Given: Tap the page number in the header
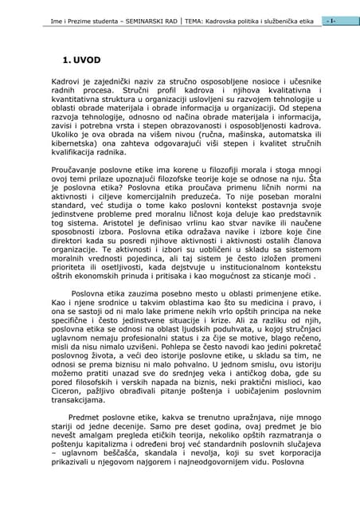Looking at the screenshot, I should [x=331, y=19].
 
